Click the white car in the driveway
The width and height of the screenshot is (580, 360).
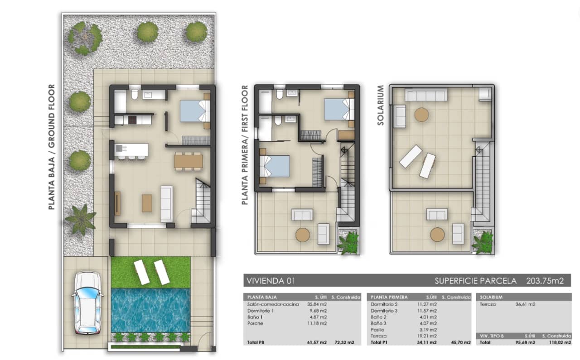pos(87,303)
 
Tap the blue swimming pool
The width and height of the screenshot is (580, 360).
pos(151,311)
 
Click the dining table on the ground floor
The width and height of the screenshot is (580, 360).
pos(188,162)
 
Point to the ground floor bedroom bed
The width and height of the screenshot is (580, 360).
pos(195,111)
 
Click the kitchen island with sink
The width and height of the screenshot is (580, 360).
pos(131,150)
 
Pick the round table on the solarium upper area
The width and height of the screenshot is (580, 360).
pos(421,115)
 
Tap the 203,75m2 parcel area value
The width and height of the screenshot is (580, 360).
pos(545,281)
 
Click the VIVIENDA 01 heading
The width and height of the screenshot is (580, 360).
pos(271,281)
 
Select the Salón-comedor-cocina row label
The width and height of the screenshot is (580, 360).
pos(273,304)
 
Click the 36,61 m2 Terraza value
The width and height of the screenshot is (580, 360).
pos(525,304)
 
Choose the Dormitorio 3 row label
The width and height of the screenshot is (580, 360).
pos(384,311)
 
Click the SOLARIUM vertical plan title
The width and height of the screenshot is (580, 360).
pos(380,106)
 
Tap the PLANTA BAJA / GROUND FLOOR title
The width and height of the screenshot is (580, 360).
pos(52,147)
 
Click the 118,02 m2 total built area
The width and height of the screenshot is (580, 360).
pos(560,342)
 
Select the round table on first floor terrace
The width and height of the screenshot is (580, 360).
pos(303,235)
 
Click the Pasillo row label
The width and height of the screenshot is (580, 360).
pos(377,330)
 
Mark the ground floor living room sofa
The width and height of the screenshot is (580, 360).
pos(166,204)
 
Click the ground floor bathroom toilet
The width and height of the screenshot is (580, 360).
pos(135,95)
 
